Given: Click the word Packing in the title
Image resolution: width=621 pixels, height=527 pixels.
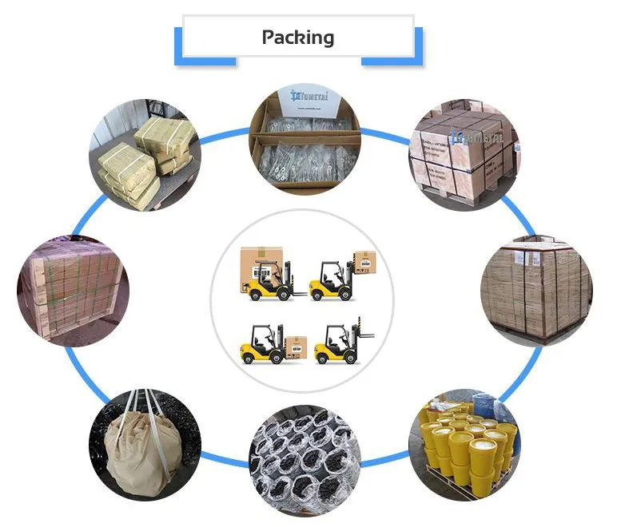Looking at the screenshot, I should click(x=297, y=38).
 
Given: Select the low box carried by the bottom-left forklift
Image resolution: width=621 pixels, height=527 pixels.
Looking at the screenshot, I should click(x=295, y=345).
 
